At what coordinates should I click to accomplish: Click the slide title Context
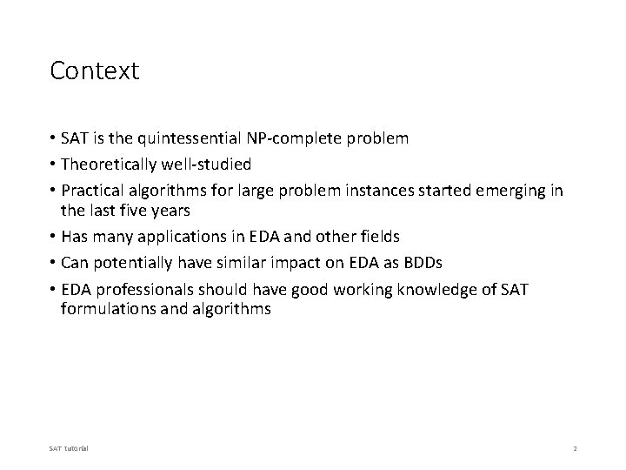[x=94, y=70]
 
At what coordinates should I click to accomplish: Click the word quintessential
[x=198, y=138]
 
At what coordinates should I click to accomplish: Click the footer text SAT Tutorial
[x=69, y=448]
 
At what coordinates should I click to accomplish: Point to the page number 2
[x=575, y=448]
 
